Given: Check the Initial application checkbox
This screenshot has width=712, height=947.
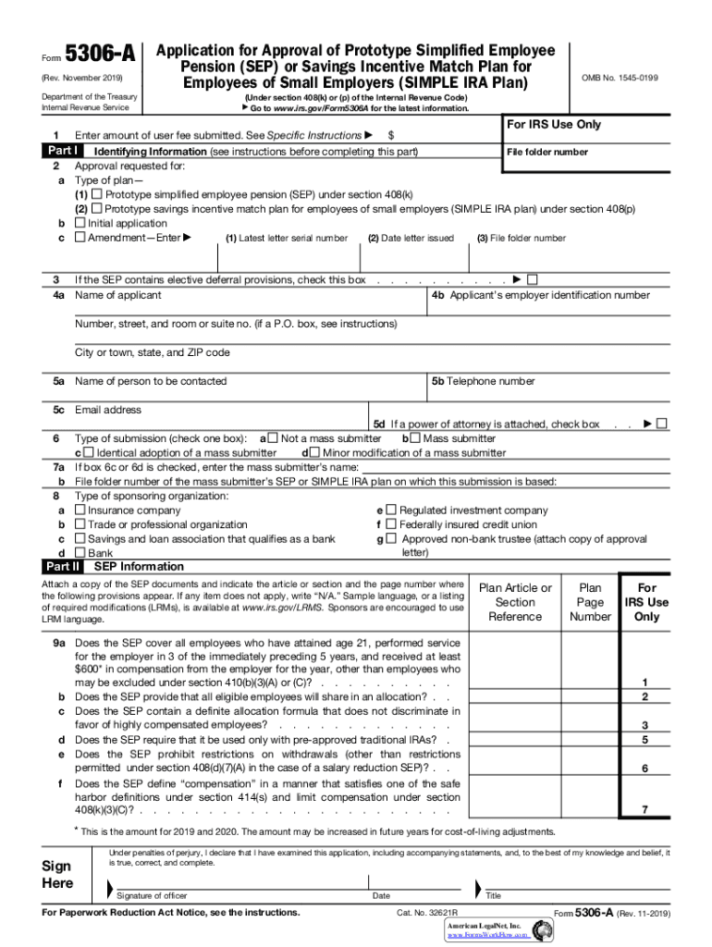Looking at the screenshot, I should tap(80, 223).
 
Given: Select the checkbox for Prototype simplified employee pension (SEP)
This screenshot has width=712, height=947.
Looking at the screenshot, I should tap(97, 195).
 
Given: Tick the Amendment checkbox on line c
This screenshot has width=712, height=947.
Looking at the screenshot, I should tap(80, 238).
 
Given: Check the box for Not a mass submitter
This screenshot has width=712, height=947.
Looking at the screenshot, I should tap(273, 438).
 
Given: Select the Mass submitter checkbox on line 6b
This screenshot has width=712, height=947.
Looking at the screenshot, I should tap(414, 438).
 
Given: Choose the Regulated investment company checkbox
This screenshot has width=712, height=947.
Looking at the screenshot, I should tap(391, 510).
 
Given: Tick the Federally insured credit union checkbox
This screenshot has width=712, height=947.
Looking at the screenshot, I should tap(391, 523).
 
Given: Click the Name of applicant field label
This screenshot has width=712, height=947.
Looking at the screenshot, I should tap(117, 295).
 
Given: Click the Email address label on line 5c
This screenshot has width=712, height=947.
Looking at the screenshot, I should tap(108, 410).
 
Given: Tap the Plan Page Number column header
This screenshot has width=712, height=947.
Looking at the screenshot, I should tap(590, 602).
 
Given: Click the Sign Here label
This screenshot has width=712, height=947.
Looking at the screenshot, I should tap(58, 875).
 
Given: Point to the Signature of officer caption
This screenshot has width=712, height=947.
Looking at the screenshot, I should tap(153, 895).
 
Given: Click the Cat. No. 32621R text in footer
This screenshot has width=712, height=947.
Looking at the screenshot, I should tap(427, 913).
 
